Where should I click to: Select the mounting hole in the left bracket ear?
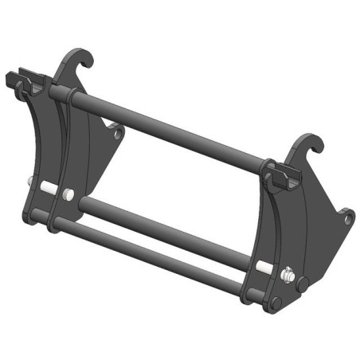coord(117,135)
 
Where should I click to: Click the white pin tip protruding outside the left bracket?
coord(29,182)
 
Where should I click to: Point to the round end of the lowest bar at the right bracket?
coord(275,303)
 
